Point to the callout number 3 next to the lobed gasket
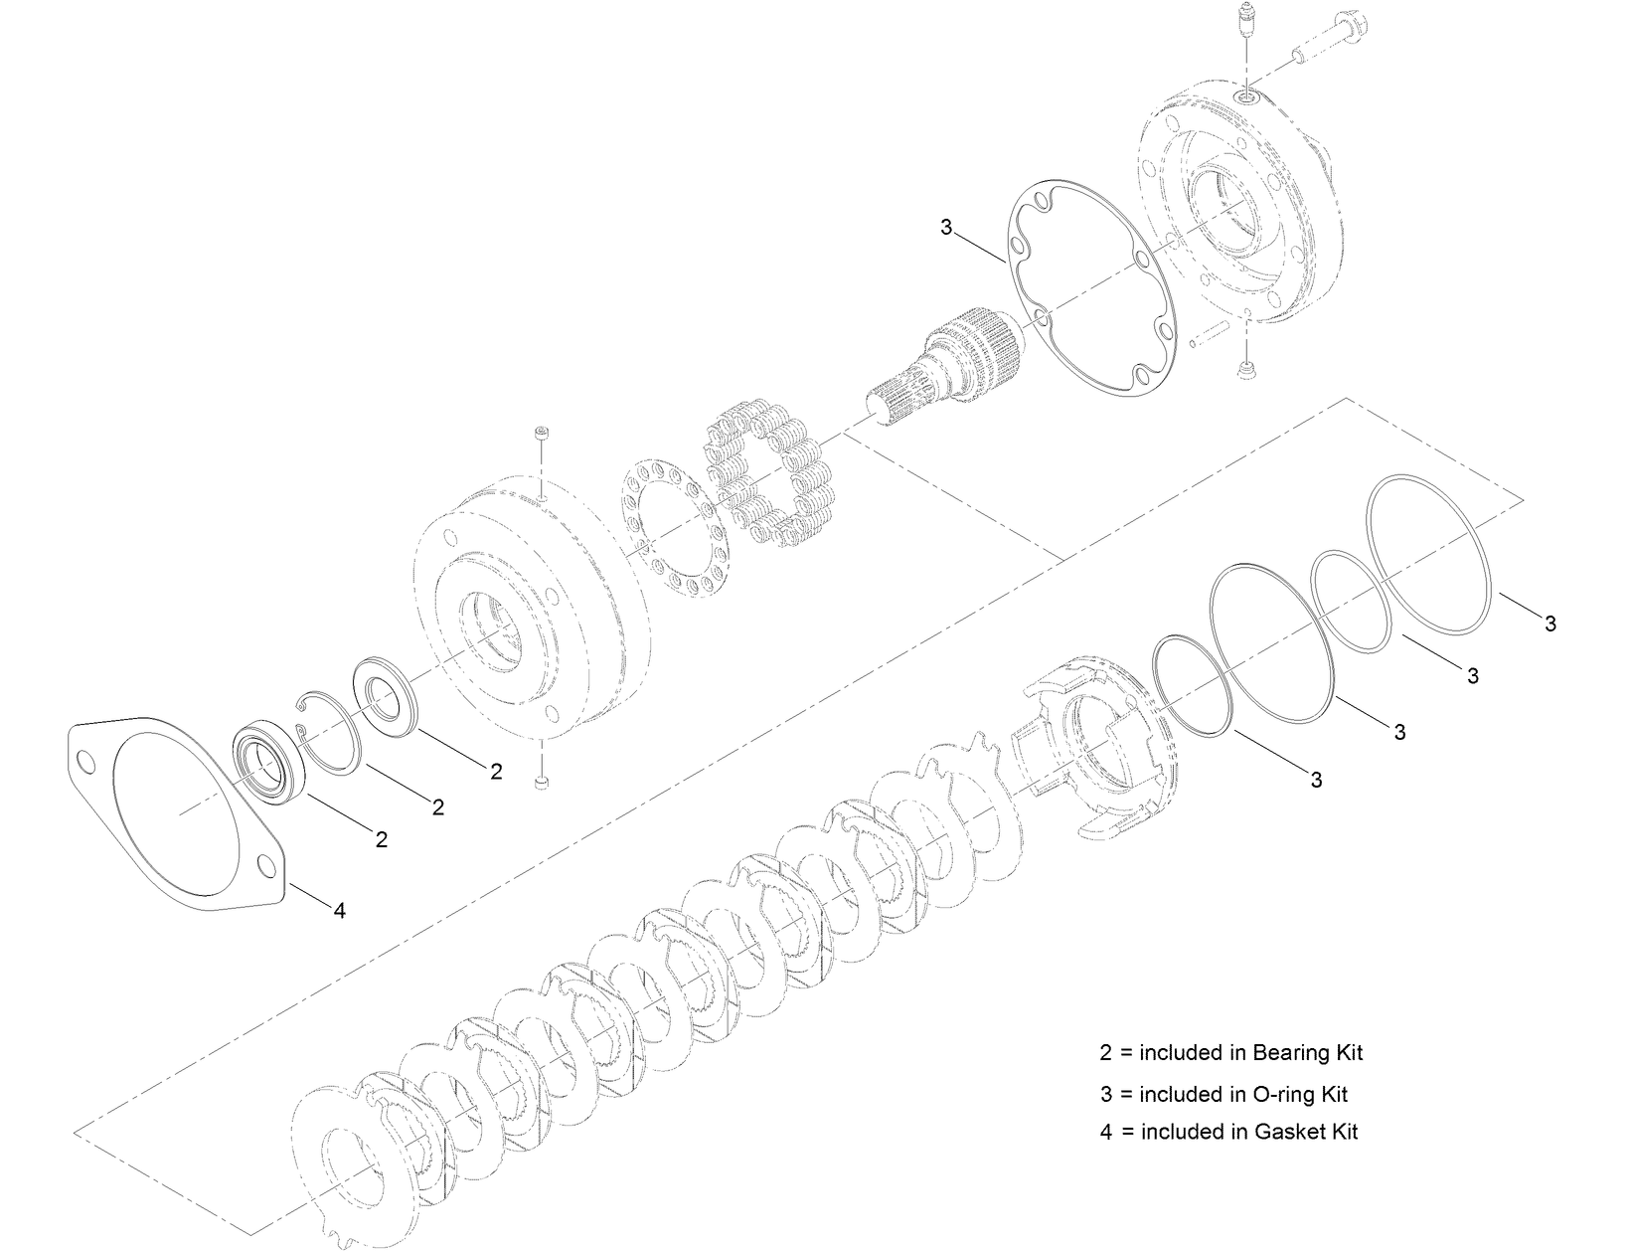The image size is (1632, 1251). [945, 228]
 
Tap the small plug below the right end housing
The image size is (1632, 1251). [1244, 370]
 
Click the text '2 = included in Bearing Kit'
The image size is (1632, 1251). [1230, 1052]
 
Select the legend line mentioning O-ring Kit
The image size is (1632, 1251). [1223, 1094]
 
